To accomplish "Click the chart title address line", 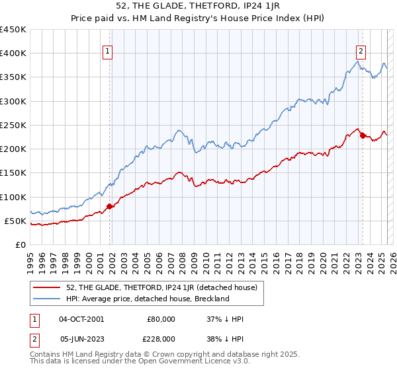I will (198, 7).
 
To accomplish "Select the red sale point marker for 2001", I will (110, 206).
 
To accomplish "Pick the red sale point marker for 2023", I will (363, 135).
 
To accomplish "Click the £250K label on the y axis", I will (13, 125).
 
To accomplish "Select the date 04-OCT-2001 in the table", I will (81, 319).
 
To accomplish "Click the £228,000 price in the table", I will (161, 339).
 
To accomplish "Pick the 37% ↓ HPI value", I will (226, 319).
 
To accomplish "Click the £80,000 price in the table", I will (161, 319).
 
